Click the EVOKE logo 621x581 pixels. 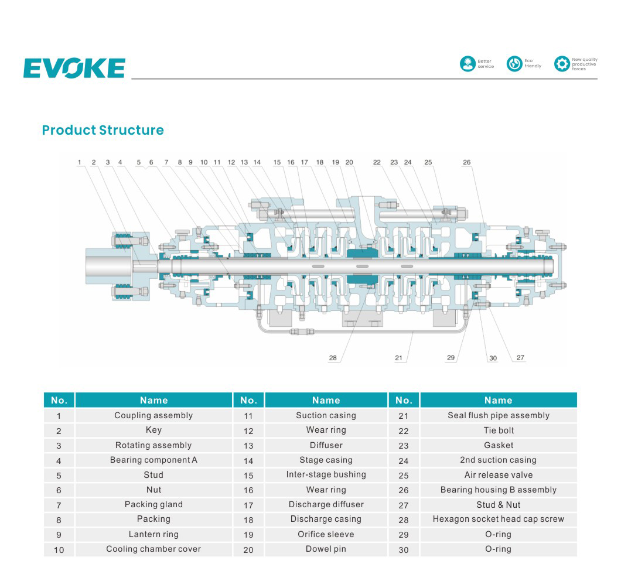coord(74,68)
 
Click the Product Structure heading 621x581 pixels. coord(103,130)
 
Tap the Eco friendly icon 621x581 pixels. coord(514,64)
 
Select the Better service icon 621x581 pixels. coord(468,64)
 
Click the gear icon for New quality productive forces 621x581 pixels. coord(562,64)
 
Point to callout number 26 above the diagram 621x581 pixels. coord(466,162)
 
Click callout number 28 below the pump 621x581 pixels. coord(333,358)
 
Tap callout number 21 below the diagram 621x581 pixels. coord(398,358)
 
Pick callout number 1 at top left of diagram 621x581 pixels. coord(80,162)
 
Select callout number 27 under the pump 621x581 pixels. coord(520,357)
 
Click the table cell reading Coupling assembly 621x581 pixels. coord(153,415)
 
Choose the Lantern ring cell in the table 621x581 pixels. coord(153,534)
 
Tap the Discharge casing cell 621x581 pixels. coord(326,520)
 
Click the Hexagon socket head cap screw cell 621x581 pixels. coord(499,520)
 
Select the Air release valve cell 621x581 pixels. coord(499,475)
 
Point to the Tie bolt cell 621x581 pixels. coord(499,430)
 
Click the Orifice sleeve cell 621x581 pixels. coord(326,534)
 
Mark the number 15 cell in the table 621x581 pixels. coord(248,475)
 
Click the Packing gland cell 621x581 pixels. coord(153,504)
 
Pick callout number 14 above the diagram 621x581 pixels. coord(257,162)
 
